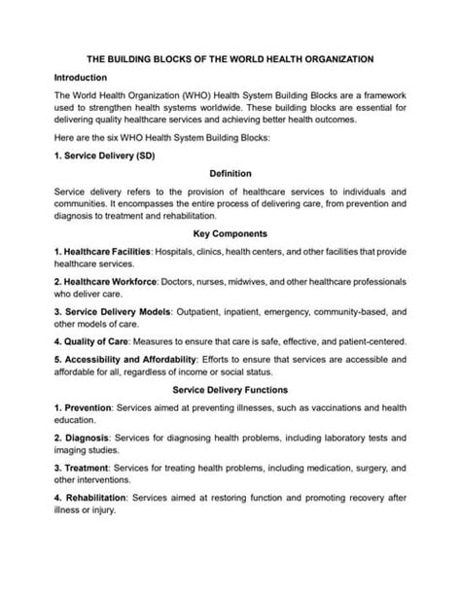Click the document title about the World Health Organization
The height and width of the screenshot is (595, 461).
coord(230,59)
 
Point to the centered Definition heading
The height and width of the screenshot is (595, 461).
coord(230,173)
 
